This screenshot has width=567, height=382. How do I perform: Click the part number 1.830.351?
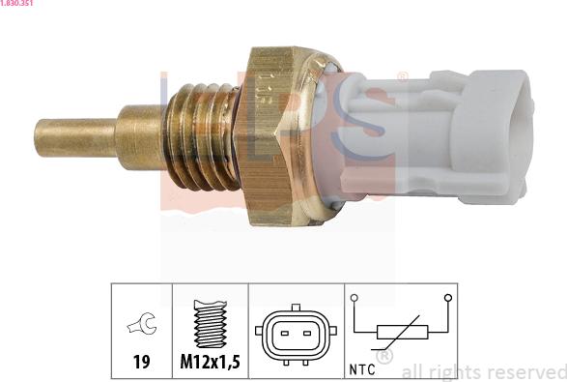(x=19, y=5)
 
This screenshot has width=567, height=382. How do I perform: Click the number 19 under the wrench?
(x=141, y=364)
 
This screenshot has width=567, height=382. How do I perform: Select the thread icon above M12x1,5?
(x=210, y=326)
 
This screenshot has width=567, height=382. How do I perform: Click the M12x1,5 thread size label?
(x=210, y=364)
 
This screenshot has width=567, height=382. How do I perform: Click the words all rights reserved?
(x=483, y=371)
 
